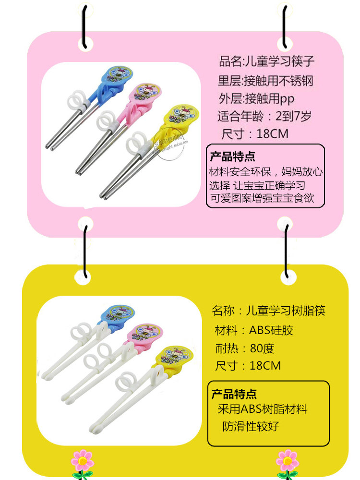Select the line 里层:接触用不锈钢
(x=265, y=81)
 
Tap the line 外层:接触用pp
(x=256, y=99)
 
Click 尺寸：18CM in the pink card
(x=255, y=133)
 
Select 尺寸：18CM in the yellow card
(x=248, y=366)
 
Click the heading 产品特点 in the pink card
(x=233, y=156)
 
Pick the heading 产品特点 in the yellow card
(x=234, y=395)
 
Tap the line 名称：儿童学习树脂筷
(x=268, y=311)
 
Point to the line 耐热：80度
(x=245, y=348)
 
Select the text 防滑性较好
(x=251, y=426)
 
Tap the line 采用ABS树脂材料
(x=262, y=409)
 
